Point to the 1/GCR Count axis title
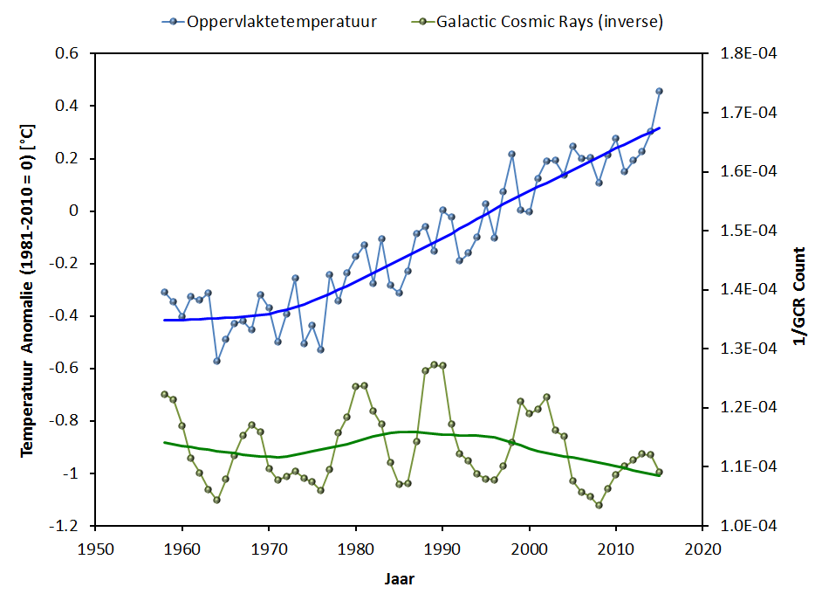(x=798, y=288)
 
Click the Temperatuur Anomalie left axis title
(x=27, y=288)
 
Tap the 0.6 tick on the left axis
(x=67, y=54)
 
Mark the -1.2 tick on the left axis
(x=65, y=526)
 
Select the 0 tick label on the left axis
(x=74, y=211)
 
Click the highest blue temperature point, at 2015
(x=659, y=91)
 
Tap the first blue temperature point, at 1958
(x=164, y=292)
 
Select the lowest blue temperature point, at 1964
(x=216, y=361)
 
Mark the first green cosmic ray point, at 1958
(x=164, y=394)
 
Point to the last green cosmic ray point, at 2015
(x=659, y=472)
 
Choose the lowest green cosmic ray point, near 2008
(x=599, y=505)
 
